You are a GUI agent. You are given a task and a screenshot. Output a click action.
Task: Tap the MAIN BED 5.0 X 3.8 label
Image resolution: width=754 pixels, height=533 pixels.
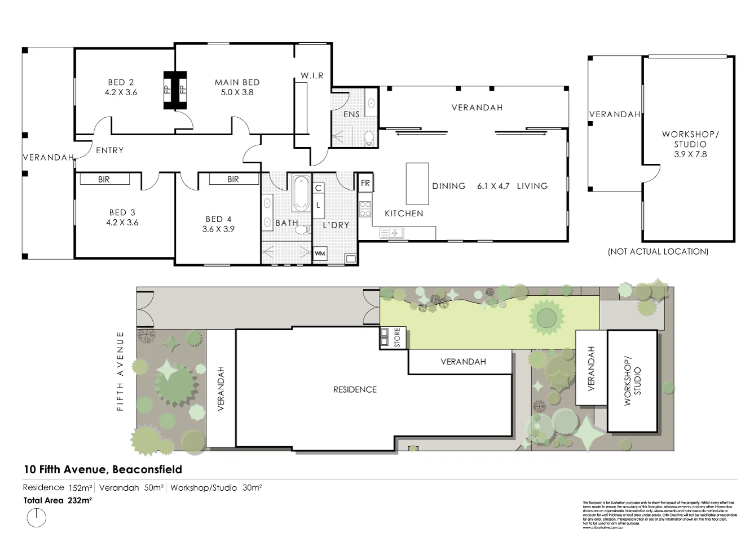tap(237, 87)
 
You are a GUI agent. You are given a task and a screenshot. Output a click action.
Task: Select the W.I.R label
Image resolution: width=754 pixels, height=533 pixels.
tap(312, 75)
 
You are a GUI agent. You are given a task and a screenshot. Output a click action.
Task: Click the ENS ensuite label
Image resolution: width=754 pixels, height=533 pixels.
tap(351, 114)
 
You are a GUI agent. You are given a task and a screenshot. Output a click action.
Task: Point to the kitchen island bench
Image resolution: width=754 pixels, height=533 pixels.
tap(417, 184)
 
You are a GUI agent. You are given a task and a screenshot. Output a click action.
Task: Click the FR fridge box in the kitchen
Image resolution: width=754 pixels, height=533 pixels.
tap(365, 183)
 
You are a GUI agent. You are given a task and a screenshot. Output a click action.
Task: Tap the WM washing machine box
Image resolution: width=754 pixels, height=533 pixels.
tap(320, 254)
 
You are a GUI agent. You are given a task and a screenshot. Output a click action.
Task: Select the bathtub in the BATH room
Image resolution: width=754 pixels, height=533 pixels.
tap(301, 194)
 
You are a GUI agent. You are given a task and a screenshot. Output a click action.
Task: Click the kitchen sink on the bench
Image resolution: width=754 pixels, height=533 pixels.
tap(391, 233)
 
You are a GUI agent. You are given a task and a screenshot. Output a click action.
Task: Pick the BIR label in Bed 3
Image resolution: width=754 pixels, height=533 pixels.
tap(104, 179)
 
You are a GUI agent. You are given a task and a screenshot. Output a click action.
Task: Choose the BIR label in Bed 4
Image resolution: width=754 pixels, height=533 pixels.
tap(233, 179)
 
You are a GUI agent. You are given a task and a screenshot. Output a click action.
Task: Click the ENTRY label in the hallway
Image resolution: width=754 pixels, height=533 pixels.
tap(109, 150)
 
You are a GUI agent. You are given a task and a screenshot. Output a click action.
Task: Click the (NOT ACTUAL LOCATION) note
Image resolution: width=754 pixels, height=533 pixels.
tap(658, 252)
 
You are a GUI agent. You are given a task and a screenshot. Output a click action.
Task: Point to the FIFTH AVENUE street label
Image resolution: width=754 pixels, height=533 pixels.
tap(120, 371)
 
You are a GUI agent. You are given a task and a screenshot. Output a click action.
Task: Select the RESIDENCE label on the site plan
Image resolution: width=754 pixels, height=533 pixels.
tap(355, 389)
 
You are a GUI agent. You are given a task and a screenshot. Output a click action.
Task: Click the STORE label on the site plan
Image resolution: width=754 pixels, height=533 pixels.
tap(397, 337)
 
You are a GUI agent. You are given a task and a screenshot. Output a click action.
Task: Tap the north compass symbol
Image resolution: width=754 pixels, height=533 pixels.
tap(37, 517)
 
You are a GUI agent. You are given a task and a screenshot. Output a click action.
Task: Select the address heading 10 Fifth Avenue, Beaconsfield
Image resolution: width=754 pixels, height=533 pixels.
tap(103, 469)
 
